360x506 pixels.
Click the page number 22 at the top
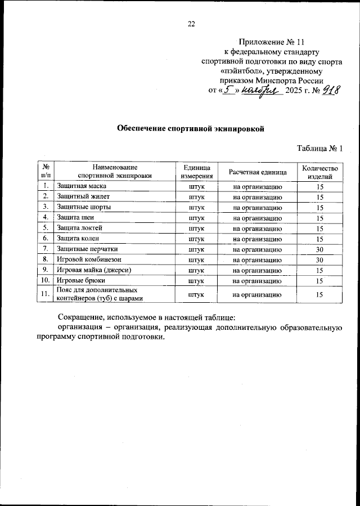pos(191,24)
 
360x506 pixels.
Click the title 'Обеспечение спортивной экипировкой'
pos(190,128)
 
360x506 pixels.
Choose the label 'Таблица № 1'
pos(319,149)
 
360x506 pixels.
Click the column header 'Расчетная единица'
pos(258,171)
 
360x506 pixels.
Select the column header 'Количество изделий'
pos(319,171)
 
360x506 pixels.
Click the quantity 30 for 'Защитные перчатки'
pos(319,249)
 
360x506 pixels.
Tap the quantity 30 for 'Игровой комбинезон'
pos(319,259)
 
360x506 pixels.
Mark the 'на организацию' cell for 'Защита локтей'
pos(258,228)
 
